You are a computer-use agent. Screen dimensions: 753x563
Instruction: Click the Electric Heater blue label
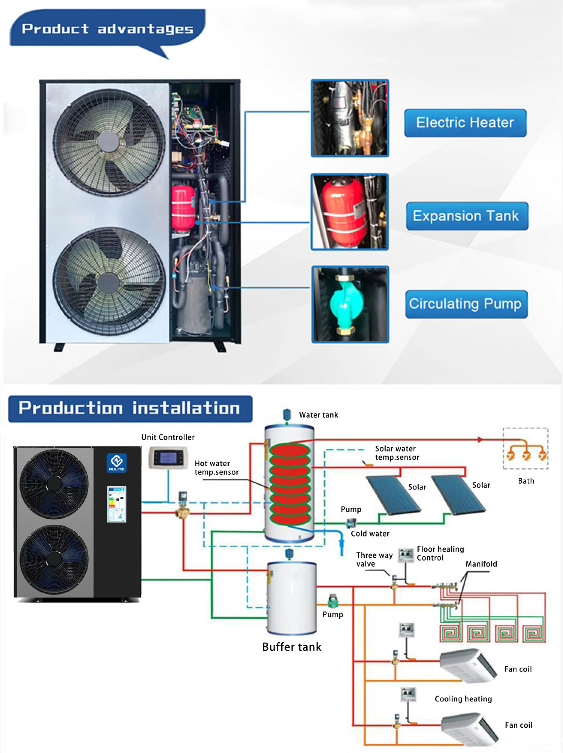coord(465,123)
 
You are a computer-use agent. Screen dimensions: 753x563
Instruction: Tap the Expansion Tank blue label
coord(467,216)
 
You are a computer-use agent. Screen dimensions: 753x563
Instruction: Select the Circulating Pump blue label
coord(466,304)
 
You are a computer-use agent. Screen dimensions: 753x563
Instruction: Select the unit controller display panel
coord(168,458)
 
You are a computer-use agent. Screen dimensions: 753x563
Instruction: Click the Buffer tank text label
coord(291,647)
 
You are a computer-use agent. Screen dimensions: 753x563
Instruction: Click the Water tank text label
coord(318,415)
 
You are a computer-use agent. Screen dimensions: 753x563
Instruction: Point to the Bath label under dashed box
coord(526,481)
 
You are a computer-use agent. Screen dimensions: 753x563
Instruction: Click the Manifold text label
coord(481,564)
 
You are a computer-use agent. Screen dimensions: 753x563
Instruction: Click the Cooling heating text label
coord(463,699)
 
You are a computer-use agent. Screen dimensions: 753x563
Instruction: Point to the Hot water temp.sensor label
coord(216,468)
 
